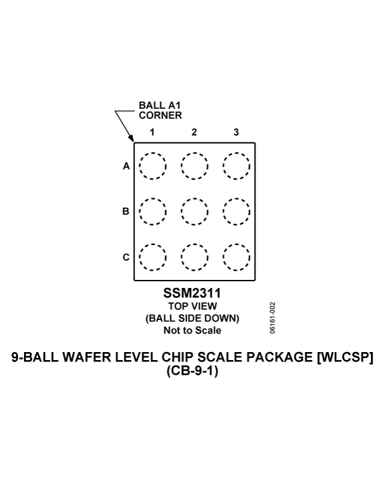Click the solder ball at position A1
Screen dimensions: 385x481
click(x=152, y=153)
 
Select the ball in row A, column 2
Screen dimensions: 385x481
click(x=195, y=153)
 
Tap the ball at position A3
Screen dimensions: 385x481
click(x=237, y=153)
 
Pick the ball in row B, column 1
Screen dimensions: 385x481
click(x=152, y=198)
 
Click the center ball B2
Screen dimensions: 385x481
click(x=195, y=198)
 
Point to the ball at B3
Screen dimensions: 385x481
click(x=237, y=198)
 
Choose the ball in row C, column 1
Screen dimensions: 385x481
click(x=152, y=245)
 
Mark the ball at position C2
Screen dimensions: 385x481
click(x=195, y=245)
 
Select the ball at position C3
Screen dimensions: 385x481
click(x=237, y=245)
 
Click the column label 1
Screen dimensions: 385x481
click(x=152, y=132)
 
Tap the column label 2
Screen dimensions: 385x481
click(x=194, y=132)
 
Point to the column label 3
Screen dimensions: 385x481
click(x=236, y=132)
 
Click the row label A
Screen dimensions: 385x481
click(x=126, y=166)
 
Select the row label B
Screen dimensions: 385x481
click(x=126, y=211)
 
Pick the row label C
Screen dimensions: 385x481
click(x=126, y=257)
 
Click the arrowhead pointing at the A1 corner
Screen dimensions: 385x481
click(x=132, y=139)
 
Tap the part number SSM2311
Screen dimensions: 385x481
click(x=192, y=293)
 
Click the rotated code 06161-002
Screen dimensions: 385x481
click(x=273, y=318)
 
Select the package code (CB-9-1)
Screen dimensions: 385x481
click(x=192, y=371)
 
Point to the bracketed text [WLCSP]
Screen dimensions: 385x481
click(x=345, y=357)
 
